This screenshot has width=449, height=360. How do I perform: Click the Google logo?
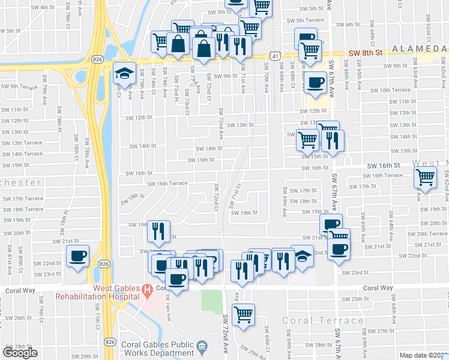[20, 352]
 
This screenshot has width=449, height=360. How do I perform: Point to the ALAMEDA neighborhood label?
[419, 49]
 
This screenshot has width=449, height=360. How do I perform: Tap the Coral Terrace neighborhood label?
[323, 320]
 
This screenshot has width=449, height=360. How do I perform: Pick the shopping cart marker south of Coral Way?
[243, 314]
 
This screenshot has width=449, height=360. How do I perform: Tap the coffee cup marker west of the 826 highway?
[78, 257]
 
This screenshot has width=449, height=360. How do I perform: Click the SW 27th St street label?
[380, 331]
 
